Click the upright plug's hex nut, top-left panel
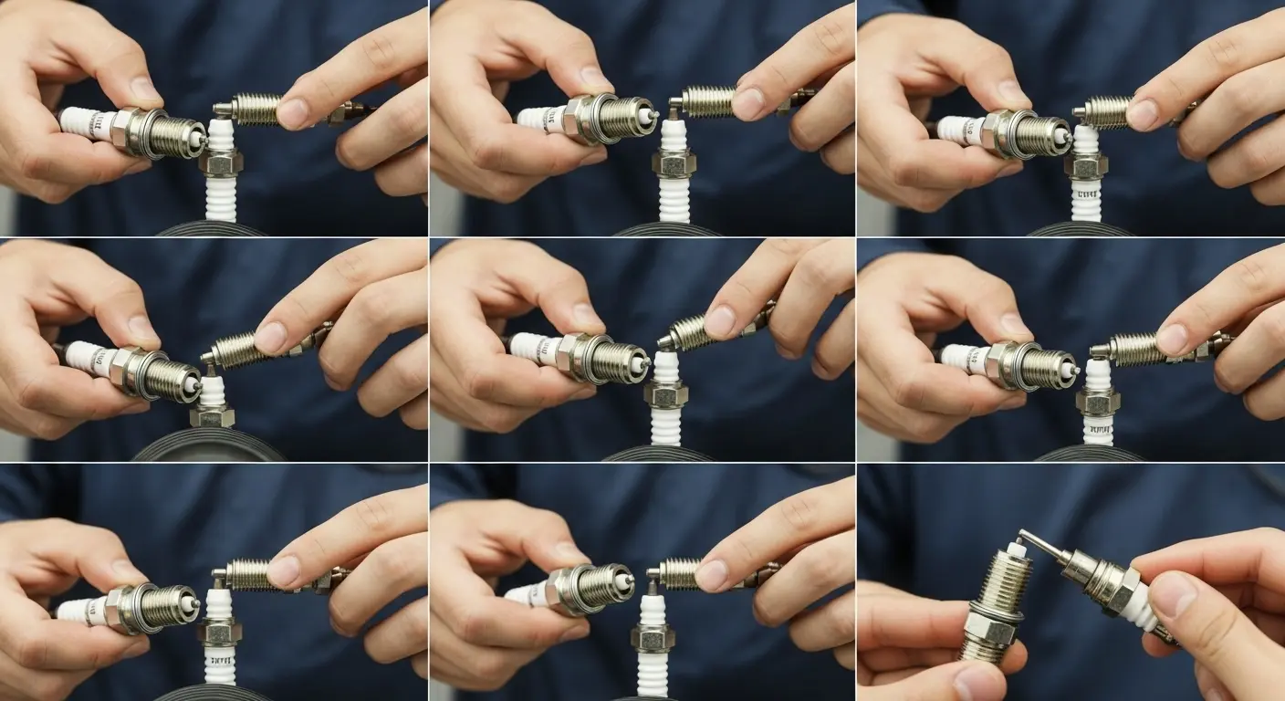(x=220, y=162)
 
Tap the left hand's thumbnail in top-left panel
(x=145, y=89)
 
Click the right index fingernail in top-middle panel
(x=747, y=103)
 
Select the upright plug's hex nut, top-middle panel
(x=674, y=163)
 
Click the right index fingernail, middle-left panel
(x=270, y=337)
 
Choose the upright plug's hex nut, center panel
(x=665, y=393)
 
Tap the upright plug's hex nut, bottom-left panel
(x=221, y=630)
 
